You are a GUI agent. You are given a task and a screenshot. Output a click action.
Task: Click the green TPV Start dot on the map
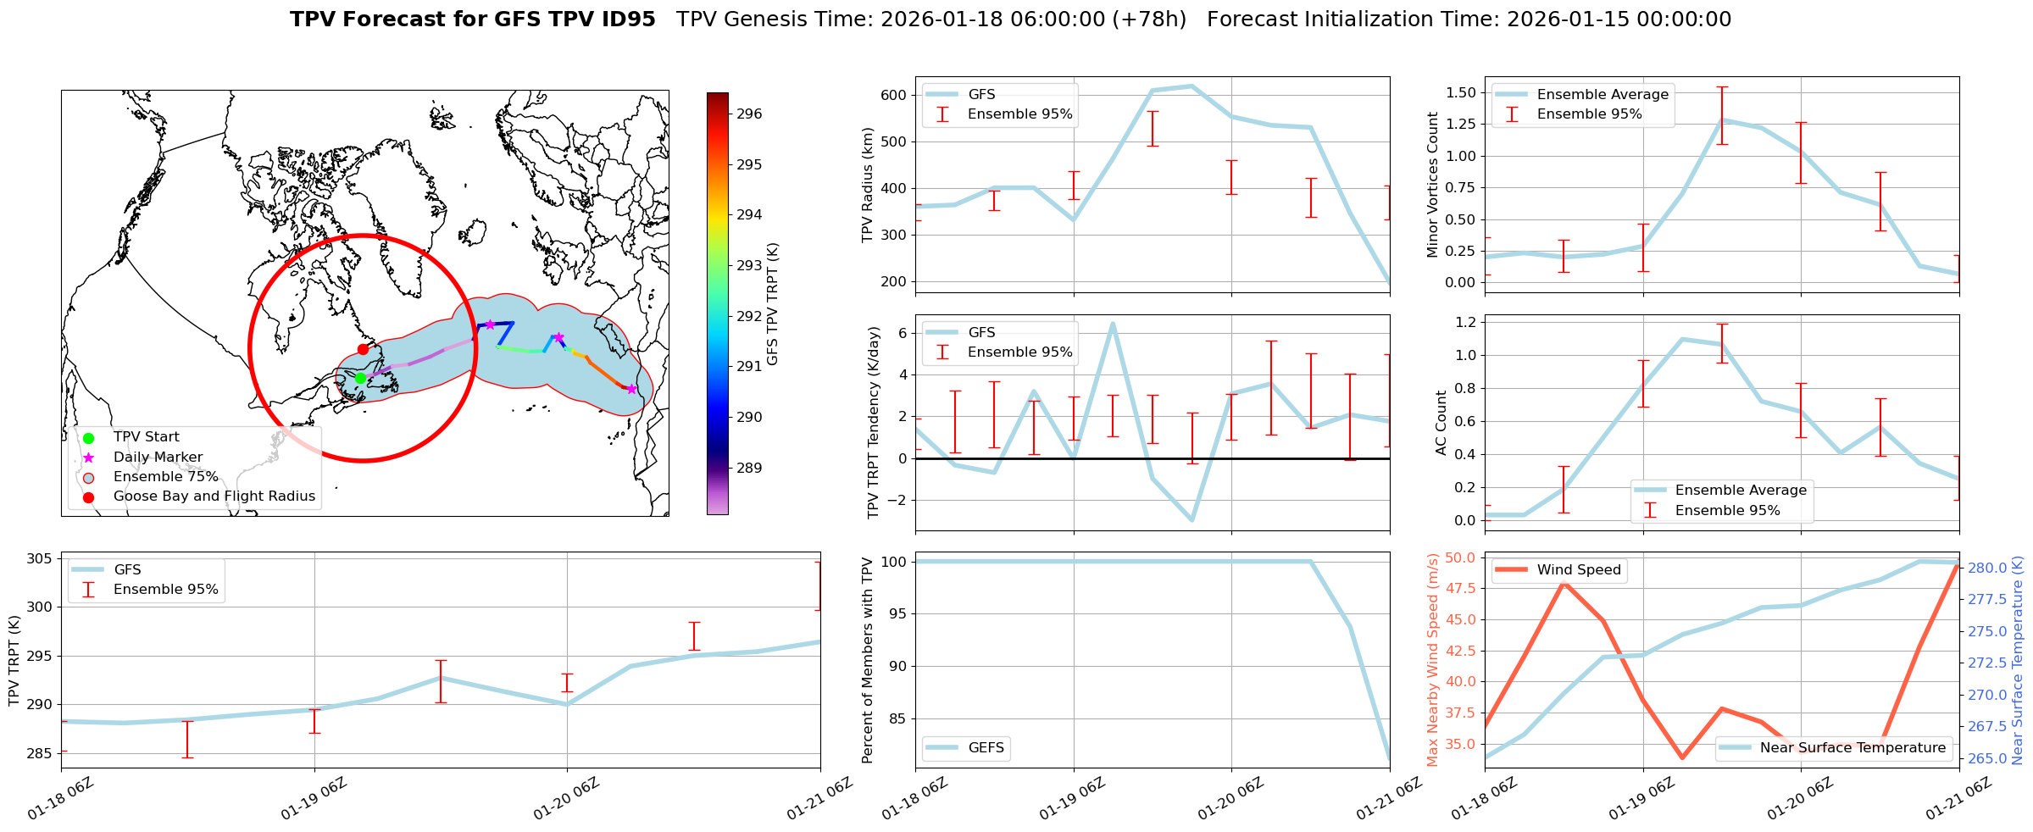pyautogui.click(x=360, y=378)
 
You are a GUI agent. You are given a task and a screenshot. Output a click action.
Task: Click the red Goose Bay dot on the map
pyautogui.click(x=363, y=349)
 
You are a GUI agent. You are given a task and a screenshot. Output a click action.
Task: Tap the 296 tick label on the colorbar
pyautogui.click(x=748, y=114)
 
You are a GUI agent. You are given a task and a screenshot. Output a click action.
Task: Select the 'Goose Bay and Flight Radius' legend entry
pyautogui.click(x=214, y=496)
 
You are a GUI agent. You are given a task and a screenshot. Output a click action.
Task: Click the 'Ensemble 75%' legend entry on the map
pyautogui.click(x=165, y=477)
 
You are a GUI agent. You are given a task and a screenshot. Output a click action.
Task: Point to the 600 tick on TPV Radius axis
pyautogui.click(x=894, y=95)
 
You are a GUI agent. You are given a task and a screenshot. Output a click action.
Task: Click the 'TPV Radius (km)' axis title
pyautogui.click(x=867, y=185)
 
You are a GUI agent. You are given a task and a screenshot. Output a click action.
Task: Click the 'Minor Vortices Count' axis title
pyautogui.click(x=1433, y=185)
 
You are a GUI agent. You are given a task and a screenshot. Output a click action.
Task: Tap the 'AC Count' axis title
pyautogui.click(x=1441, y=423)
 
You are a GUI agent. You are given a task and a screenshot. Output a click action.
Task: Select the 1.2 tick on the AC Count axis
pyautogui.click(x=1465, y=322)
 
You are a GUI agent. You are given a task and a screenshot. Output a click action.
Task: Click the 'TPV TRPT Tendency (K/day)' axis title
pyautogui.click(x=874, y=422)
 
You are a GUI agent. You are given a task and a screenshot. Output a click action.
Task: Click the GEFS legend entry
pyautogui.click(x=986, y=747)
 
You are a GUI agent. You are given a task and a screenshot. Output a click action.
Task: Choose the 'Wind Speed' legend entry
pyautogui.click(x=1578, y=570)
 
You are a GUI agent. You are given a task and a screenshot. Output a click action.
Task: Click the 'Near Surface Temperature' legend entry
pyautogui.click(x=1852, y=747)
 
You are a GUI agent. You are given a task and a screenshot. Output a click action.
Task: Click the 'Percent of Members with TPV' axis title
pyautogui.click(x=867, y=660)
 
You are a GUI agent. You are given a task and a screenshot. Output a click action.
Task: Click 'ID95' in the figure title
pyautogui.click(x=626, y=19)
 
